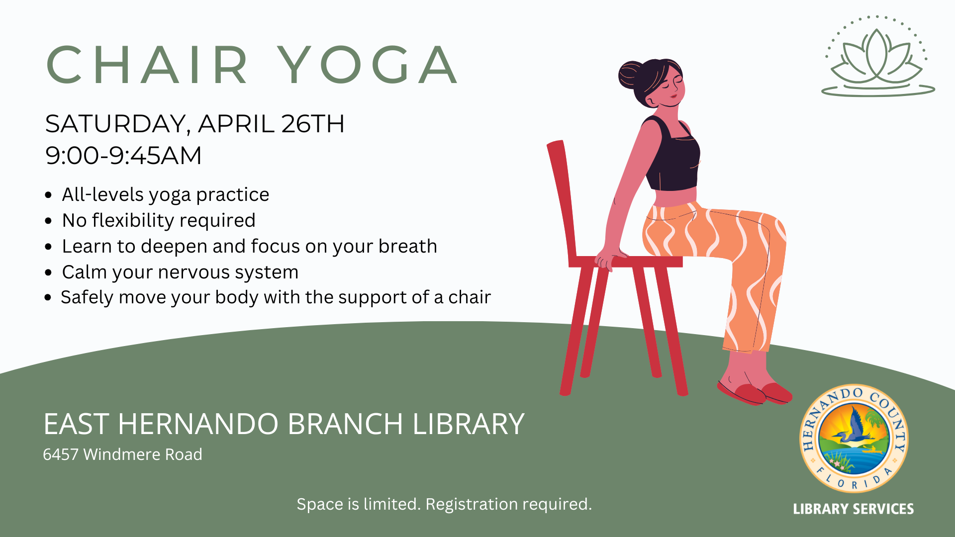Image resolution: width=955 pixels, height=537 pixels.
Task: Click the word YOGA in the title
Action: (x=367, y=65)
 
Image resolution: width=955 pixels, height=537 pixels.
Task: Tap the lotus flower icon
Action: (x=878, y=56)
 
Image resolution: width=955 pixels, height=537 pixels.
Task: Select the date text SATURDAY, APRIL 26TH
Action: (x=194, y=124)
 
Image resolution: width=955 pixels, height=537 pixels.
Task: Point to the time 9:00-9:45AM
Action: (x=123, y=155)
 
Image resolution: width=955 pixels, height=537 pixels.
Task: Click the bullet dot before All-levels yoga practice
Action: (x=48, y=195)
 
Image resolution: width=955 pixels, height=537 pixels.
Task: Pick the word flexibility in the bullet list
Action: (x=133, y=220)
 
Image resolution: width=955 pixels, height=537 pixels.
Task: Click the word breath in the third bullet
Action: (x=407, y=246)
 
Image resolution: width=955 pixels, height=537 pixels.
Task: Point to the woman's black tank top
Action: (x=671, y=154)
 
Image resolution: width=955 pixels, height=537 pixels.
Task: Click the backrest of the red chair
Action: (x=562, y=199)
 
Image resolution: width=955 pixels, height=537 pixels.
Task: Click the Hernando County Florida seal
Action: (x=854, y=438)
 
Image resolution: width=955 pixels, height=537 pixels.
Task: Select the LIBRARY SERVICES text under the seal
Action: (x=854, y=509)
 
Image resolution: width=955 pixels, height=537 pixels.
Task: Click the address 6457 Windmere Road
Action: (x=122, y=454)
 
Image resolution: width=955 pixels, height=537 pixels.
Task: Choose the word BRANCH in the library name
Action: (x=345, y=424)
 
